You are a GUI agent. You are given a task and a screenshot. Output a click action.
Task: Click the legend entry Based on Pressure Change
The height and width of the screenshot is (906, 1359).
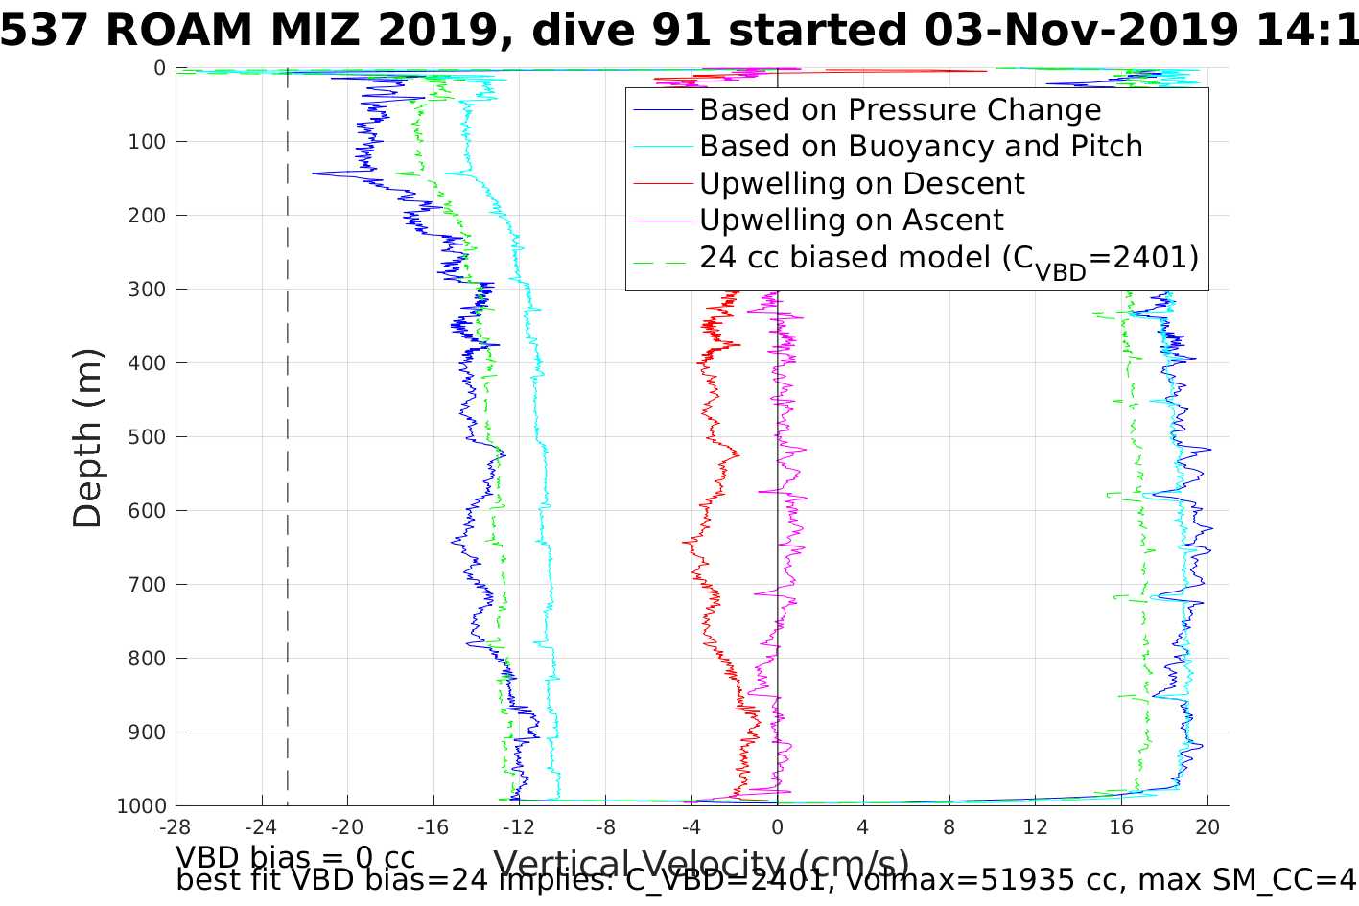(x=900, y=110)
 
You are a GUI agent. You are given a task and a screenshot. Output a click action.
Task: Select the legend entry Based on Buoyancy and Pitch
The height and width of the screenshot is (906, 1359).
(x=921, y=147)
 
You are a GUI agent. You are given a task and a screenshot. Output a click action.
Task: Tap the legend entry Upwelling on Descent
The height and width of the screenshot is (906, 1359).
(x=861, y=183)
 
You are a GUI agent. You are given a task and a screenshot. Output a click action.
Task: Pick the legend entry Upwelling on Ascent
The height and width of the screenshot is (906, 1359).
(x=851, y=221)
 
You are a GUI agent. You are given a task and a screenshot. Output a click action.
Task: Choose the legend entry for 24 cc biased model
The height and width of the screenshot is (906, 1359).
(x=949, y=258)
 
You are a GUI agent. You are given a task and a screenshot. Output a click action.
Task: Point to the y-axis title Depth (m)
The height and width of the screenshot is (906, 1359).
(x=87, y=438)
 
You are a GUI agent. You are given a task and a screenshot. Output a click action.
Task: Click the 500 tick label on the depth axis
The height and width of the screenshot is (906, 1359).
(x=146, y=437)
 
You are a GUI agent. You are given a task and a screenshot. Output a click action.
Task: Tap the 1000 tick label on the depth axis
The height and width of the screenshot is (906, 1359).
(x=141, y=806)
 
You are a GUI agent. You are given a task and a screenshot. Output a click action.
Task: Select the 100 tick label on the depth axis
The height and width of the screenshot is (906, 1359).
(x=146, y=142)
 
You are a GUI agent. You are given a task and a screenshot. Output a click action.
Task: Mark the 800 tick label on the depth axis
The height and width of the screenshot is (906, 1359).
(x=146, y=659)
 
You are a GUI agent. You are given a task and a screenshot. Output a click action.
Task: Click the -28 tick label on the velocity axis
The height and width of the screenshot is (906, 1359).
(x=175, y=826)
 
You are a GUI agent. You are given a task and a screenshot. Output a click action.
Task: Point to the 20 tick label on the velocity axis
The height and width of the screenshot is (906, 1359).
(x=1207, y=826)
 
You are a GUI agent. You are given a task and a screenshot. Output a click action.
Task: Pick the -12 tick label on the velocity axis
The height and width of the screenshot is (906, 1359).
(x=519, y=826)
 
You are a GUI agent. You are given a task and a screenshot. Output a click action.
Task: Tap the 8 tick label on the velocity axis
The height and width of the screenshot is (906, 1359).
(x=949, y=826)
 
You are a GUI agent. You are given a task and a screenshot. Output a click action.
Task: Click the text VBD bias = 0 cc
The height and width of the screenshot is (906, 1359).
(x=295, y=857)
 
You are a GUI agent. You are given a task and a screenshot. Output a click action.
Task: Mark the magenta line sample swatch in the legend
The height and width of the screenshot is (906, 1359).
(x=663, y=221)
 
